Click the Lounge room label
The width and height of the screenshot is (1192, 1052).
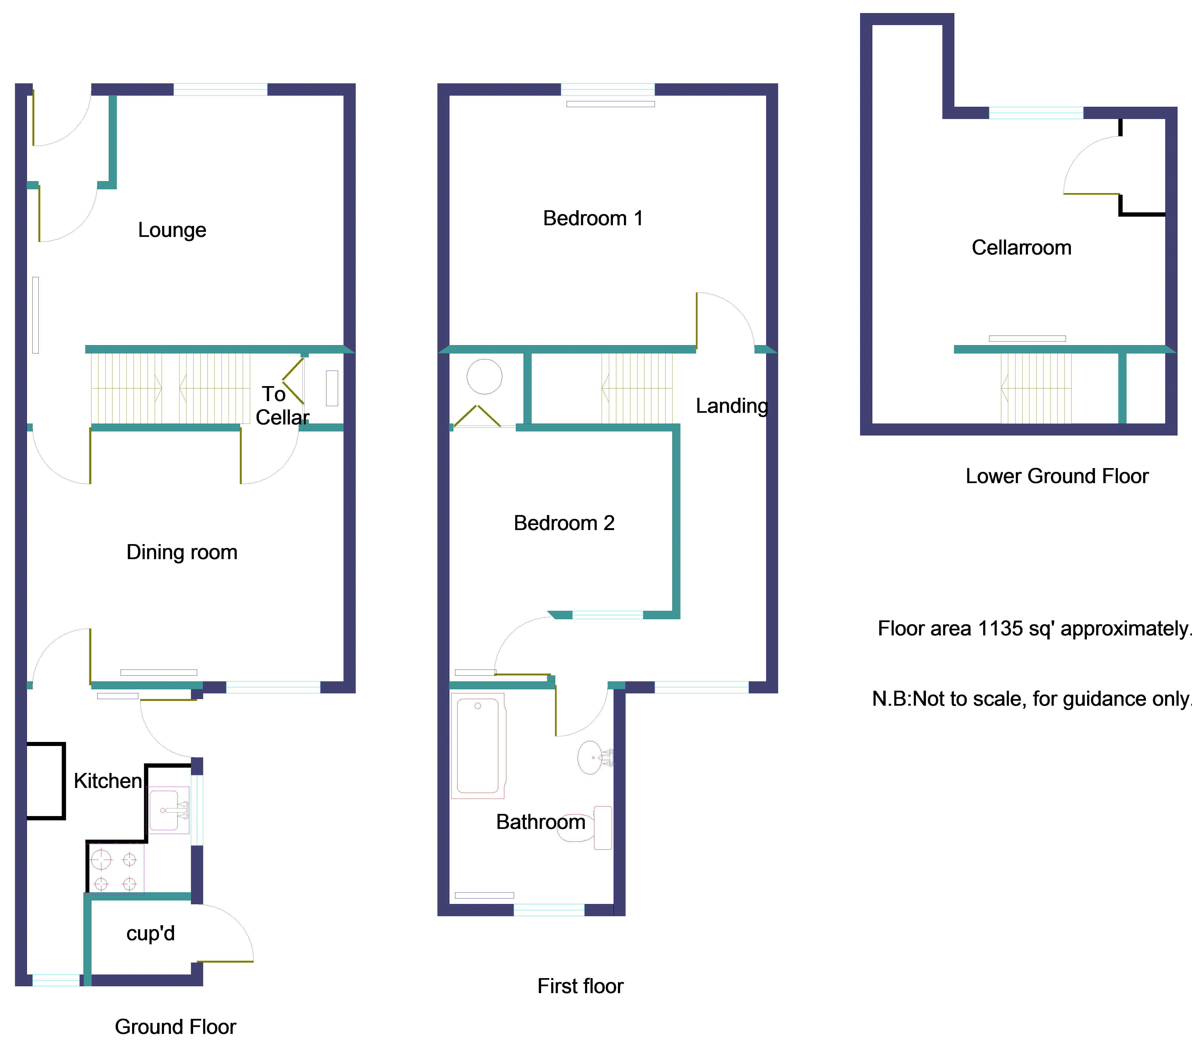(x=172, y=230)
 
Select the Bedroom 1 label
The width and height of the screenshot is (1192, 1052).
(x=592, y=218)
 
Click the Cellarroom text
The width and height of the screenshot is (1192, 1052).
(x=1021, y=247)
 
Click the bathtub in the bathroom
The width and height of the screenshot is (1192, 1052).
(x=478, y=746)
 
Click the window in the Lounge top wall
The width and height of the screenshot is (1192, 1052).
(x=221, y=89)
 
